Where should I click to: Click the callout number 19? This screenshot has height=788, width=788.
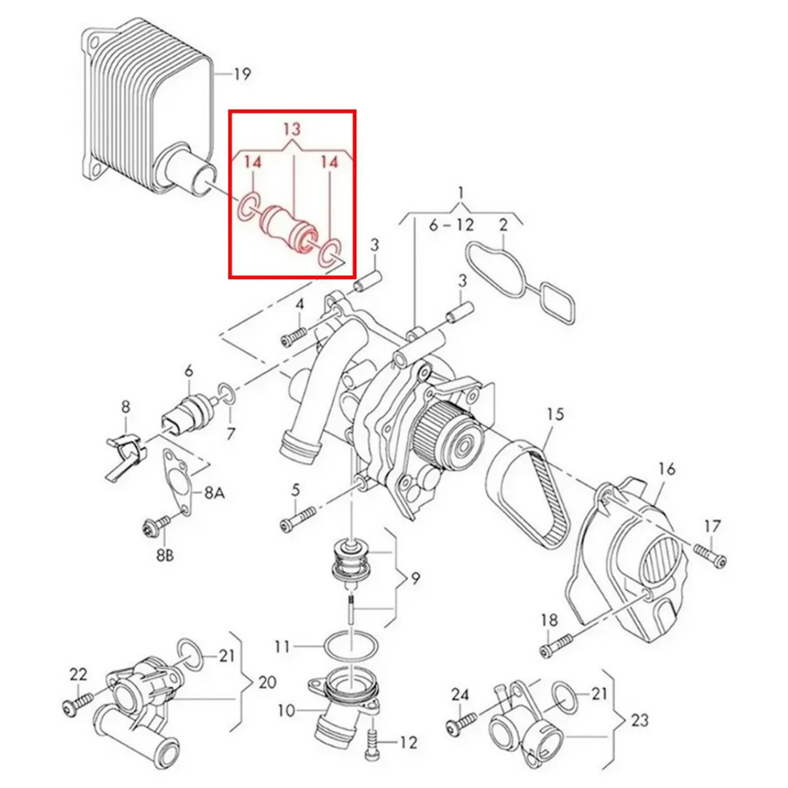click(x=242, y=74)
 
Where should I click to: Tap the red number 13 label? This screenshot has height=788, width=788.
click(x=292, y=129)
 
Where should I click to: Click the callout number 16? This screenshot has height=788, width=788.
click(x=667, y=470)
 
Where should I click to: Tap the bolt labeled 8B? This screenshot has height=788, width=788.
click(x=157, y=524)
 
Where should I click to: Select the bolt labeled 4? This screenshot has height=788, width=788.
click(x=293, y=338)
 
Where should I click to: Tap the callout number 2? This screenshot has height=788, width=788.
click(x=502, y=225)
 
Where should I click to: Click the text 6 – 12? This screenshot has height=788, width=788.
click(x=451, y=225)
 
